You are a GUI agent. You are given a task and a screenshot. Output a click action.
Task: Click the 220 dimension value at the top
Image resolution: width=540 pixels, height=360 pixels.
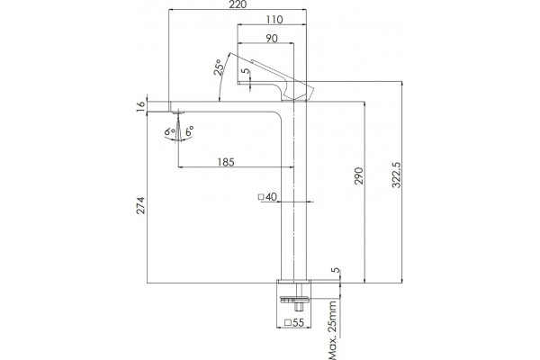tap(238, 4)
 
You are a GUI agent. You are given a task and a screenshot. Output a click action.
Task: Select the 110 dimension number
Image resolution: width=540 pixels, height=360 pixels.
tap(274, 20)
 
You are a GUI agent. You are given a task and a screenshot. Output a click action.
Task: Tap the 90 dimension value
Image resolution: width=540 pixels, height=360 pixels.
tap(272, 39)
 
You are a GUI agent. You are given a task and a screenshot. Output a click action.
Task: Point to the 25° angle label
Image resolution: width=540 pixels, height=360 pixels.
tap(219, 67)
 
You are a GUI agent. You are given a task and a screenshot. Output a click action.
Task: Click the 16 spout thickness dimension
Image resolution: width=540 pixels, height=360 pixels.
tap(141, 107)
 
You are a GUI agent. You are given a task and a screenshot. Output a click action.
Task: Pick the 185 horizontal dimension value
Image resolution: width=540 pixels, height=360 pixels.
tap(226, 162)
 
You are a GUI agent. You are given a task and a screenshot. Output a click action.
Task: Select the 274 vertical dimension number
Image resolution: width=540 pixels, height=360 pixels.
tap(141, 206)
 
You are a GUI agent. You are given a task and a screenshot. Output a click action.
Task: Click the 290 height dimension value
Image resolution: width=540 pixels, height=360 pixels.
tap(359, 175)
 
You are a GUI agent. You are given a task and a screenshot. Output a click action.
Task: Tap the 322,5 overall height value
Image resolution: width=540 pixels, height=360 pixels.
tap(397, 175)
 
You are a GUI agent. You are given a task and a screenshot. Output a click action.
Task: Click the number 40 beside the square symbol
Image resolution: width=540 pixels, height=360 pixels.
tap(272, 197)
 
